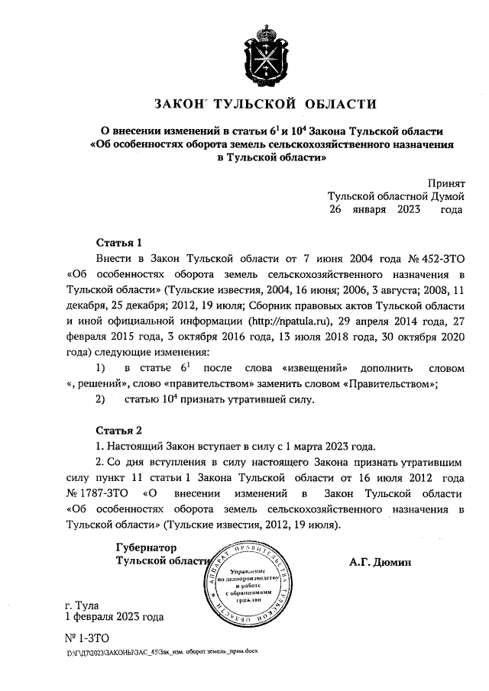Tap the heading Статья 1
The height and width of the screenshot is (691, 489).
point(120,244)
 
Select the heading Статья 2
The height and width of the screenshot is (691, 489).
point(120,430)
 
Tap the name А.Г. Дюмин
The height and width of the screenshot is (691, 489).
point(381,563)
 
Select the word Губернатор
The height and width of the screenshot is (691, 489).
point(146,547)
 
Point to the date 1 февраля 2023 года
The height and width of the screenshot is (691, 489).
point(115,616)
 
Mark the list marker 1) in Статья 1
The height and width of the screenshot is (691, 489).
point(100,369)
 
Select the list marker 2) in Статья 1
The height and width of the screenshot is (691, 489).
point(99,399)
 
